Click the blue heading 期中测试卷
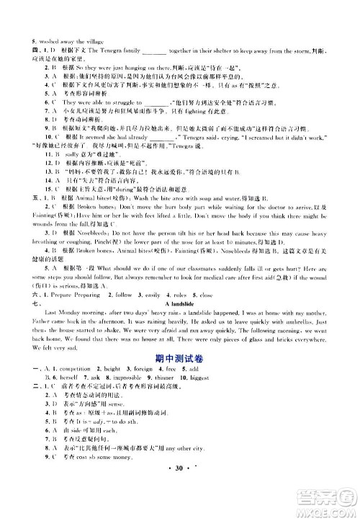pos(180,368)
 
